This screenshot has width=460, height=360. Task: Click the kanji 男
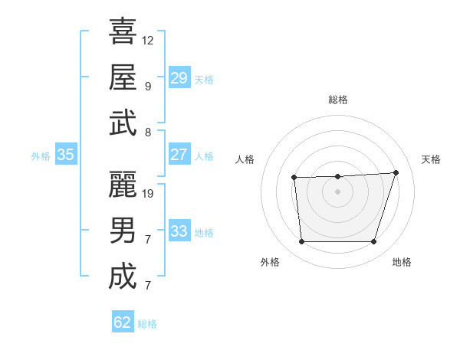(123, 231)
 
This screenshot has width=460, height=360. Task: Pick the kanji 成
(123, 277)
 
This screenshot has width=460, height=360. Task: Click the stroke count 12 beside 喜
(148, 40)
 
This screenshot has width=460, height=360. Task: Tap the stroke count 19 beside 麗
(148, 193)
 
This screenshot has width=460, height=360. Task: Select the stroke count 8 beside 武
(147, 132)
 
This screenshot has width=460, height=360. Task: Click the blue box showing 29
(179, 78)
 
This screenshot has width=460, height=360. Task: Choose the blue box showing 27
(179, 155)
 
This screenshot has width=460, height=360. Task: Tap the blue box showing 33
(179, 231)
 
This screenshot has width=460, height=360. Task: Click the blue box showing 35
(65, 155)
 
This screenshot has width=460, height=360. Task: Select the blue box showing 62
(123, 322)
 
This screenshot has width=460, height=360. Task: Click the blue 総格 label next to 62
(147, 324)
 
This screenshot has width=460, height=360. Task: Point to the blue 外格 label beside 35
(41, 156)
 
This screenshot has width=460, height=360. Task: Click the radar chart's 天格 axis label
(431, 159)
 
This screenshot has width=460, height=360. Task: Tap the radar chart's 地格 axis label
(402, 262)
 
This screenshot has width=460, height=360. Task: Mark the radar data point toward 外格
(301, 242)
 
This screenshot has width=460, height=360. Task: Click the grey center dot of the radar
(337, 191)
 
